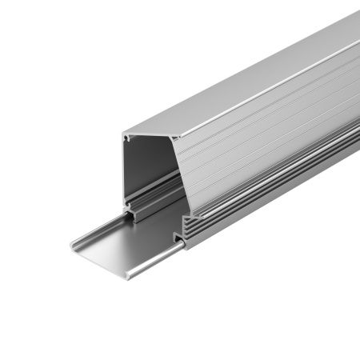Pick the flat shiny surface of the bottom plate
pos(132,240)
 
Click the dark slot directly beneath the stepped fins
pos(178,238)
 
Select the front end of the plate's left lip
pos(72,245)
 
